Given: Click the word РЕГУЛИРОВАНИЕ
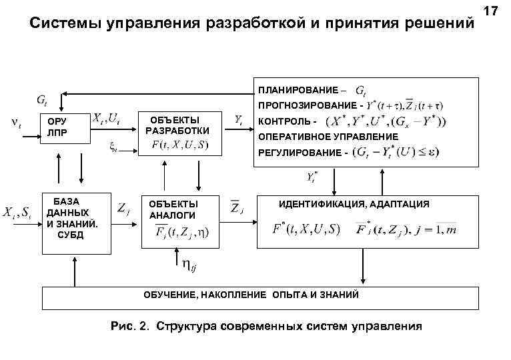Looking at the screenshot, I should (x=298, y=153).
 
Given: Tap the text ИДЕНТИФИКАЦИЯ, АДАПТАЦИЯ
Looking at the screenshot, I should (x=354, y=203).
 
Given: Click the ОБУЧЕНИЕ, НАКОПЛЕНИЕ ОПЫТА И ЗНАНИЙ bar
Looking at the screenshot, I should (x=252, y=294).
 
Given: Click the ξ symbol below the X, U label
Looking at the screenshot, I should (x=113, y=147).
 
